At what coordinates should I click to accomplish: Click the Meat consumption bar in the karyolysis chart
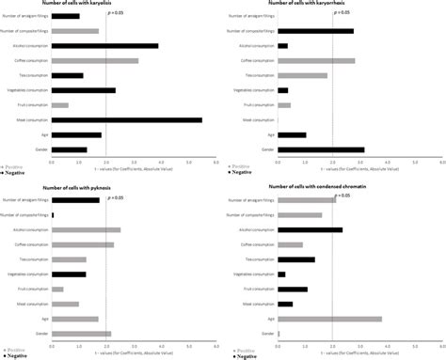coord(126,120)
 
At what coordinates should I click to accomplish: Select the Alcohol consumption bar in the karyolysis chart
coord(104,45)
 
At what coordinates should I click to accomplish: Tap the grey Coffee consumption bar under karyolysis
coord(94,61)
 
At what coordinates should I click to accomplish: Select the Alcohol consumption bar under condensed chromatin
coord(310,229)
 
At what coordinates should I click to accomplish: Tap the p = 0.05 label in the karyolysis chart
coord(117,12)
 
